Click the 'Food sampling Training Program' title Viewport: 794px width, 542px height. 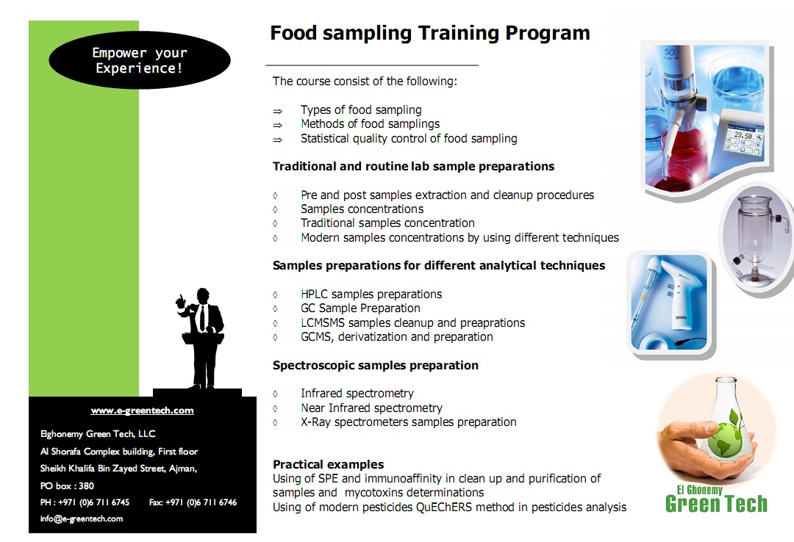tap(430, 33)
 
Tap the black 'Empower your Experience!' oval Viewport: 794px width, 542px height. tap(139, 60)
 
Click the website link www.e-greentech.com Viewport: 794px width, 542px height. tap(143, 411)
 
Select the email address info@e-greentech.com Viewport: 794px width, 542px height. tap(82, 518)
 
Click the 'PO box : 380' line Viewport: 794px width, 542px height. tap(67, 486)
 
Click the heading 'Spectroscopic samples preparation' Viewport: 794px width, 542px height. tap(375, 366)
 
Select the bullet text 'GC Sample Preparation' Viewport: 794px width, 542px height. tap(360, 308)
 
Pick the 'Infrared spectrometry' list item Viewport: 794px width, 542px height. tap(357, 393)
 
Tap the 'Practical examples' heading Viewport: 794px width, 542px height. tap(328, 464)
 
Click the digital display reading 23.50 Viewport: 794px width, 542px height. tap(743, 136)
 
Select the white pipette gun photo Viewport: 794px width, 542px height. tap(670, 302)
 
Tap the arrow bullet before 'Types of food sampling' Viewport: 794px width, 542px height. tap(277, 111)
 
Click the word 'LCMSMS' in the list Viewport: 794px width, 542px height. tap(323, 323)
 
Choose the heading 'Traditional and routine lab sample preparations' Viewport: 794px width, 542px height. tap(413, 167)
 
